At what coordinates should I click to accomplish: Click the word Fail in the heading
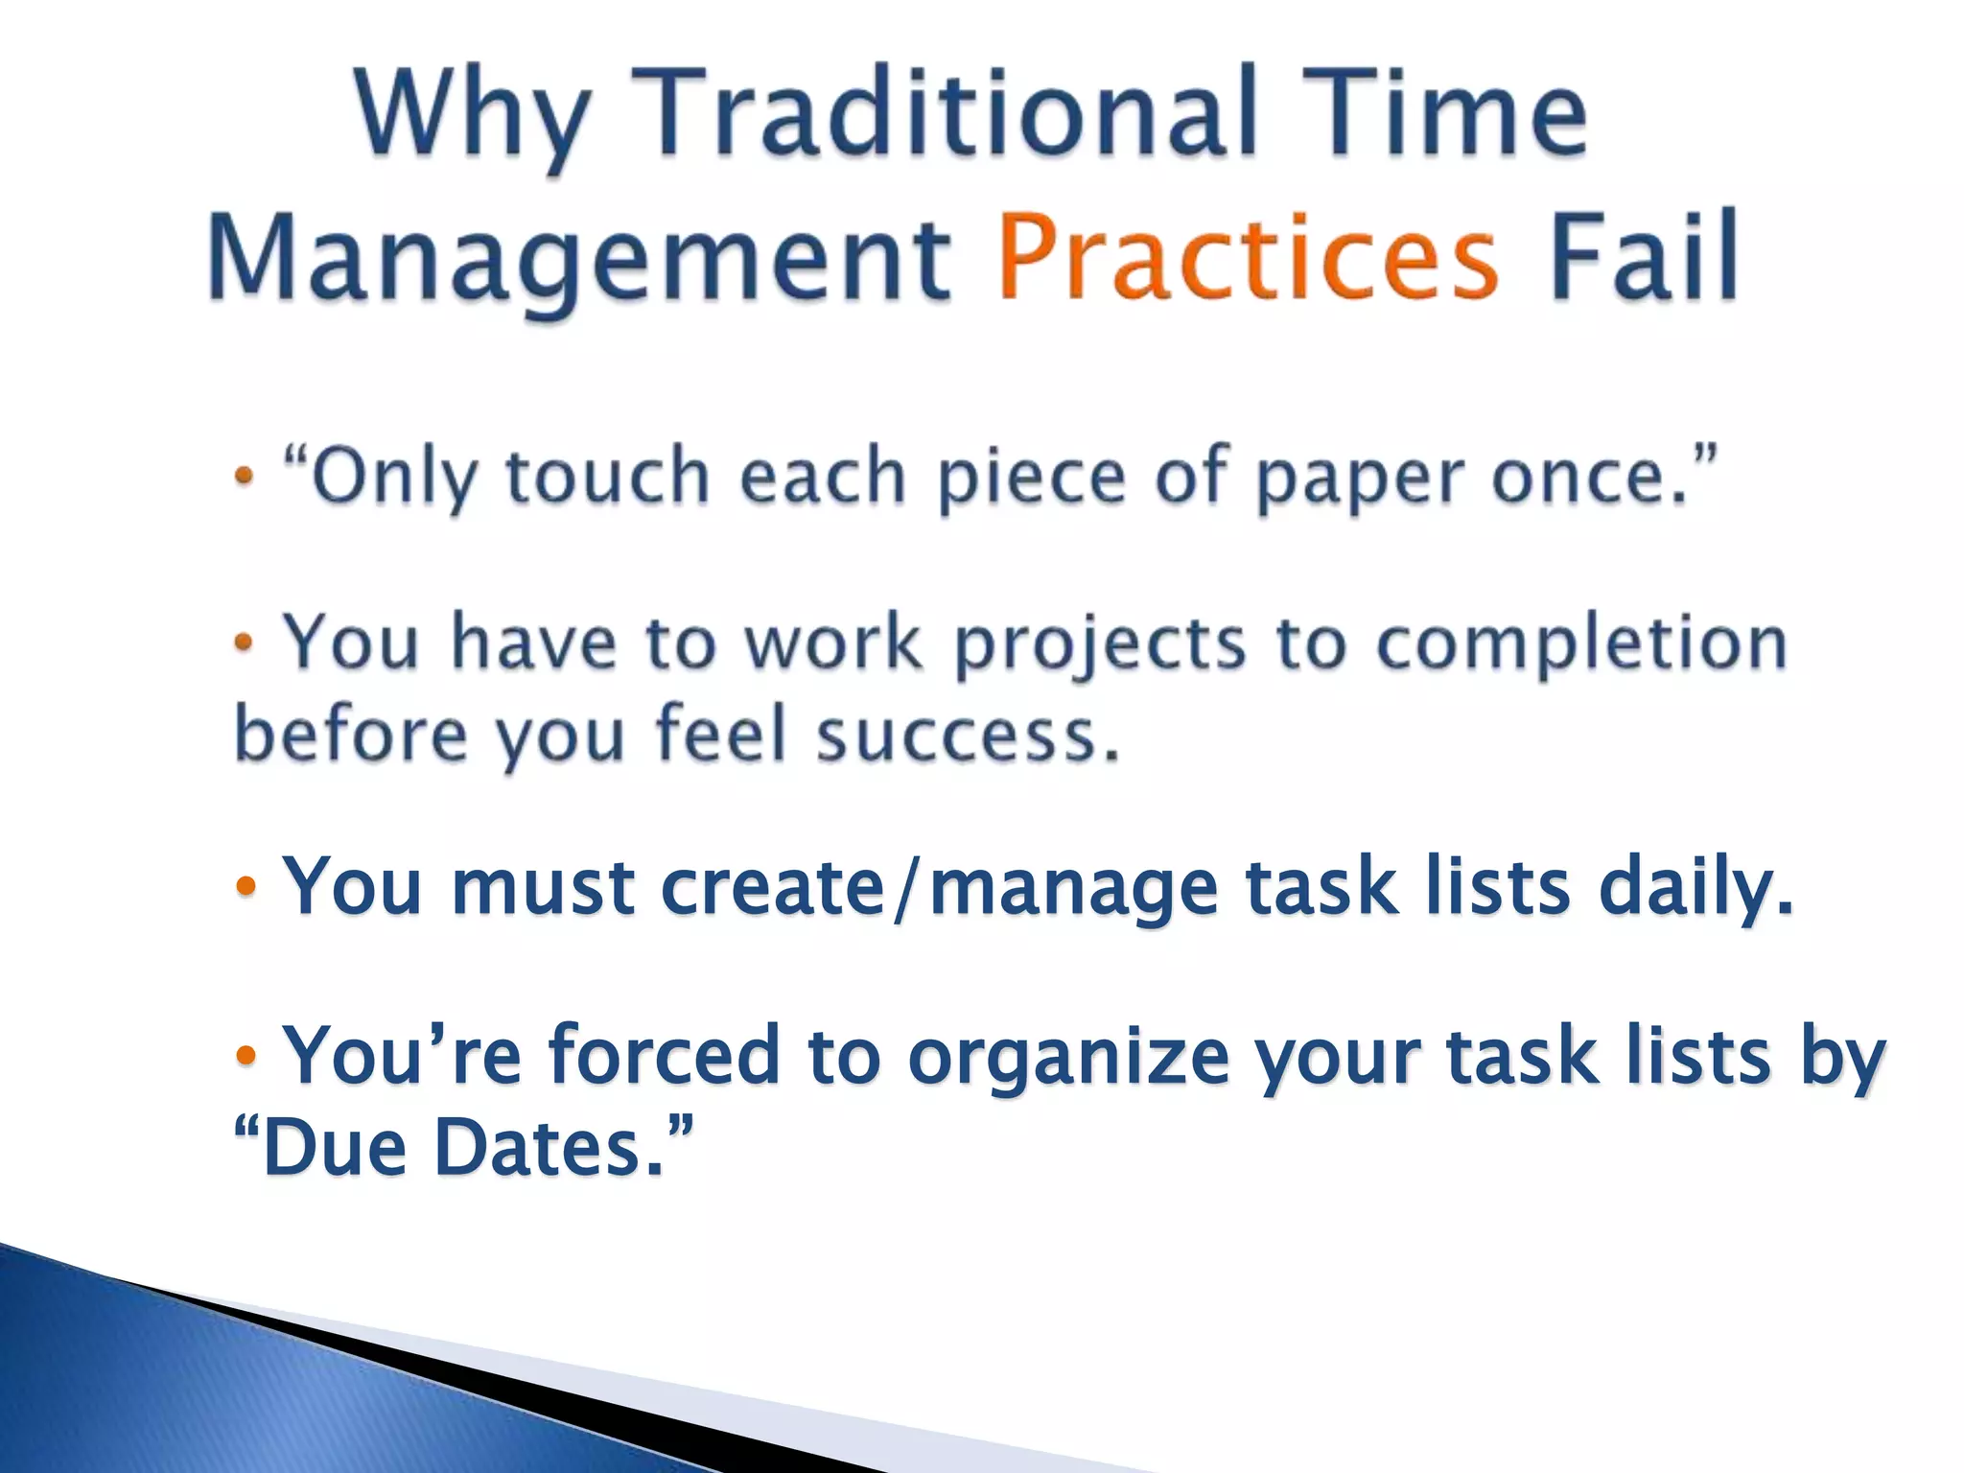[x=1644, y=255]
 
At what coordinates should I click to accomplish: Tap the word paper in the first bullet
[x=1362, y=479]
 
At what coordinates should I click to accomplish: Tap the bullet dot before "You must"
[x=245, y=886]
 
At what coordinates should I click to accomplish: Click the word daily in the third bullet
[x=1694, y=888]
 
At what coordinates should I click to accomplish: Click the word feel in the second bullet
[x=719, y=735]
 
